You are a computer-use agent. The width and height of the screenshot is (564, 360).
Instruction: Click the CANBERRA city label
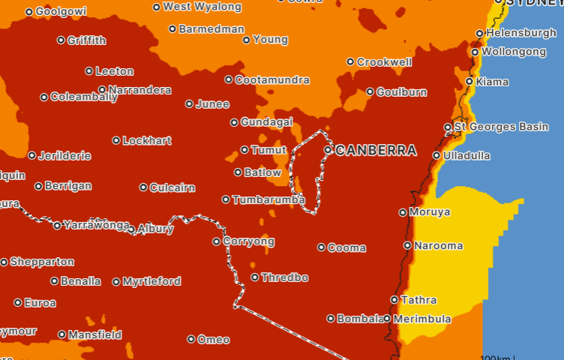point(376,151)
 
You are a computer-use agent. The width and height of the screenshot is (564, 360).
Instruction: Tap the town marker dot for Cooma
point(322,247)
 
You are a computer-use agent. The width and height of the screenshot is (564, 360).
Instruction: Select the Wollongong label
point(514,52)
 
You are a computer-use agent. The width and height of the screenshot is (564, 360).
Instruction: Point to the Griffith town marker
point(61,40)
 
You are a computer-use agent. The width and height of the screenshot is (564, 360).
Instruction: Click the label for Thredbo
point(284,277)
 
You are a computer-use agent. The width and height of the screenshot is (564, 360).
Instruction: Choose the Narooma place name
point(438,245)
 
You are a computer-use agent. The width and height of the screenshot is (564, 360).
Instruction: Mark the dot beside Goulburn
point(370,92)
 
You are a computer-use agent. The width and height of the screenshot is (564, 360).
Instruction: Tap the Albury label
point(156,229)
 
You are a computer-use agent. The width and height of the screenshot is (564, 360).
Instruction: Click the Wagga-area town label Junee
point(212,104)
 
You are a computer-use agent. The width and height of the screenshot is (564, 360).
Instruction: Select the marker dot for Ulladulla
point(436,156)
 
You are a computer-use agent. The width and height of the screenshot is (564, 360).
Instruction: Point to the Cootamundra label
point(271,79)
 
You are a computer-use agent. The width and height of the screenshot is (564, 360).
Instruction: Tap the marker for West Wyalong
point(157,7)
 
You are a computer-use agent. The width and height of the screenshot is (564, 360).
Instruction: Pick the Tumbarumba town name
point(268,199)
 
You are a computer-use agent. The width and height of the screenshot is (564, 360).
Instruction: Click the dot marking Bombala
point(331,319)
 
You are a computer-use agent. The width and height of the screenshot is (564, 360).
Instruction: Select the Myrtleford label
point(151,282)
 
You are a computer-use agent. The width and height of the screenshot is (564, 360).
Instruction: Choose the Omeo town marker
point(191,340)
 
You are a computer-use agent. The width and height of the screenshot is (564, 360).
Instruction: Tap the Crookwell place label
point(384,62)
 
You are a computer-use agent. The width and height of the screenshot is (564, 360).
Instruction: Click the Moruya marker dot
point(403,212)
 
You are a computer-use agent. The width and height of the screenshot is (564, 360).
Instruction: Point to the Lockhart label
point(147,140)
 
